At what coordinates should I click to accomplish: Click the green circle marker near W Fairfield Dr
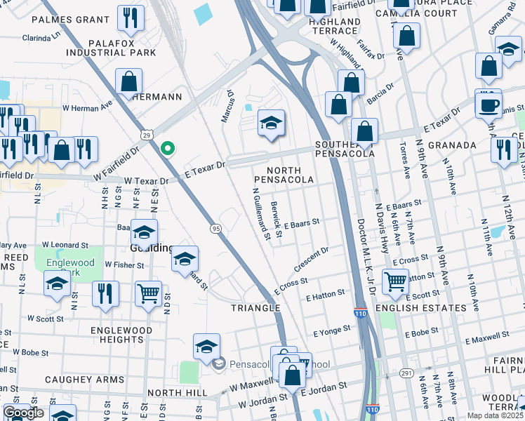pyautogui.click(x=167, y=148)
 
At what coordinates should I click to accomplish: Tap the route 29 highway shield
pyautogui.click(x=147, y=135)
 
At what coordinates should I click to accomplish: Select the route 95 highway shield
pyautogui.click(x=215, y=228)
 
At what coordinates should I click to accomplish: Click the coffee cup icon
pyautogui.click(x=488, y=105)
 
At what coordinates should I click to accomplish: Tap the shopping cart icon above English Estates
pyautogui.click(x=396, y=281)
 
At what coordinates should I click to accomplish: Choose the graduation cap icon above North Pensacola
pyautogui.click(x=271, y=124)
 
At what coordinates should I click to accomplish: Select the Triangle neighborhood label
pyautogui.click(x=256, y=308)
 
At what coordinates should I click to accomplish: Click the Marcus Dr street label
pyautogui.click(x=227, y=106)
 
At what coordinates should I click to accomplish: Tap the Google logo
pyautogui.click(x=23, y=413)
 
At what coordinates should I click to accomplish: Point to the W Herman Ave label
pyautogui.click(x=88, y=108)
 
